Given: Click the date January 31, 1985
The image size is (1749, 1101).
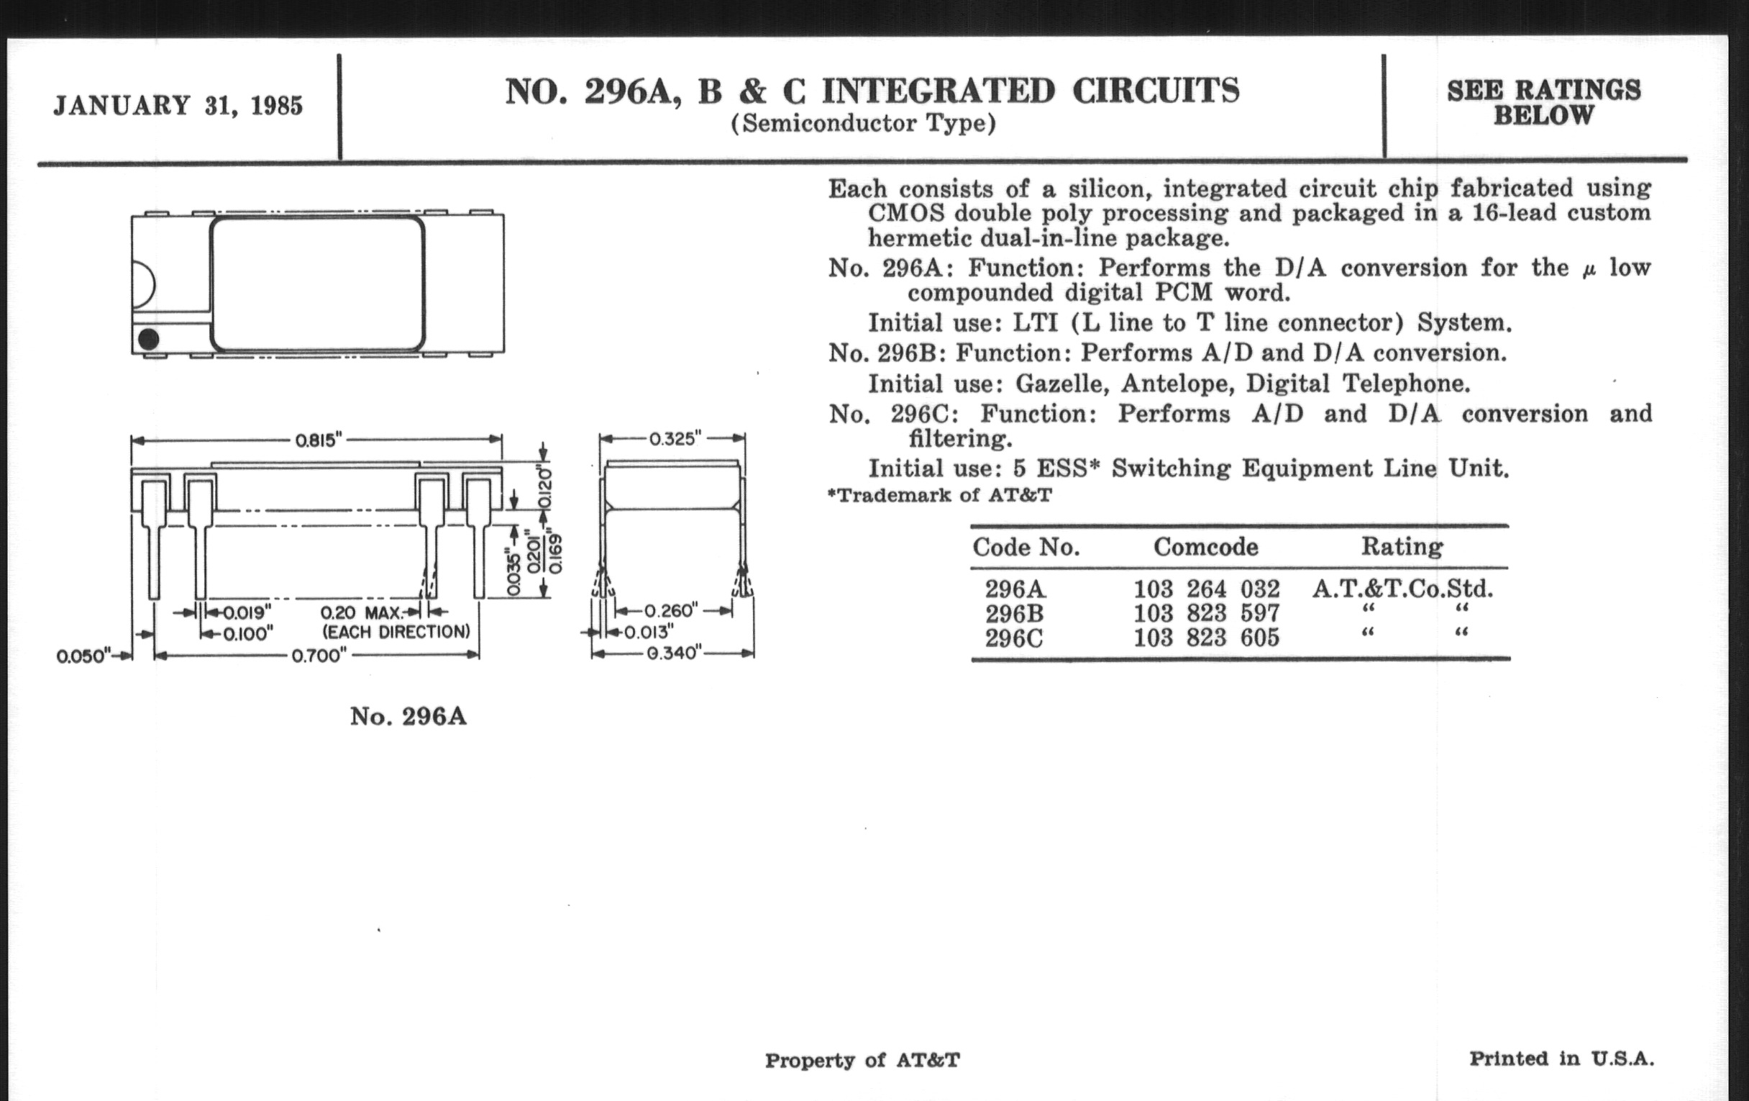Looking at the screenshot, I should [x=178, y=106].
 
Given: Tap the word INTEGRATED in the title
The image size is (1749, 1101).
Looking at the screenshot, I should [x=938, y=91].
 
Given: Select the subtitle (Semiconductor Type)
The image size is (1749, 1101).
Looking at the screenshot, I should [x=863, y=124].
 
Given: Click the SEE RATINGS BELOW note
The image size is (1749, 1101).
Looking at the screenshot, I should [x=1543, y=102].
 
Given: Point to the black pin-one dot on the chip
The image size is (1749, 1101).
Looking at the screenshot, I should [x=148, y=339].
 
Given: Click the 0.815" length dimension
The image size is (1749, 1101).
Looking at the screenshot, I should [x=318, y=440].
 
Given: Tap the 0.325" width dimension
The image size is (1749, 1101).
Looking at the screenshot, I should [x=674, y=438].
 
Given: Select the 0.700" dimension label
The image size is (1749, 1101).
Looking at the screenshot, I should [x=319, y=656].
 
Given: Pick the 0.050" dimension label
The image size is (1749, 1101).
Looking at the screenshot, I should [x=82, y=656].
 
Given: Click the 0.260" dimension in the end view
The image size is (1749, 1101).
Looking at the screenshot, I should [x=671, y=610].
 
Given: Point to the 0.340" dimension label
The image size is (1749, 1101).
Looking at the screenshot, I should [x=674, y=653].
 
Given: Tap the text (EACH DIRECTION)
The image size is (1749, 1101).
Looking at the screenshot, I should [x=396, y=632].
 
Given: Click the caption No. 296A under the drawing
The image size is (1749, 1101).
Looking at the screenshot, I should [x=408, y=717].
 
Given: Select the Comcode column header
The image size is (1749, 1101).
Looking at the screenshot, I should [x=1206, y=546].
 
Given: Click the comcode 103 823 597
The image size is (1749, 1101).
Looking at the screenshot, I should [x=1207, y=613].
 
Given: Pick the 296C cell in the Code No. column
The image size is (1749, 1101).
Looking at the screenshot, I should [x=1014, y=638].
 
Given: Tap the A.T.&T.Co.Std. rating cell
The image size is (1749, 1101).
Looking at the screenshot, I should [x=1402, y=588].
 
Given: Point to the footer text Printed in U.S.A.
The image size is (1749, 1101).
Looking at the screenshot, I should [x=1561, y=1058].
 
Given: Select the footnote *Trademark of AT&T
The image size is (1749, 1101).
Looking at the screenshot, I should [x=940, y=496].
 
